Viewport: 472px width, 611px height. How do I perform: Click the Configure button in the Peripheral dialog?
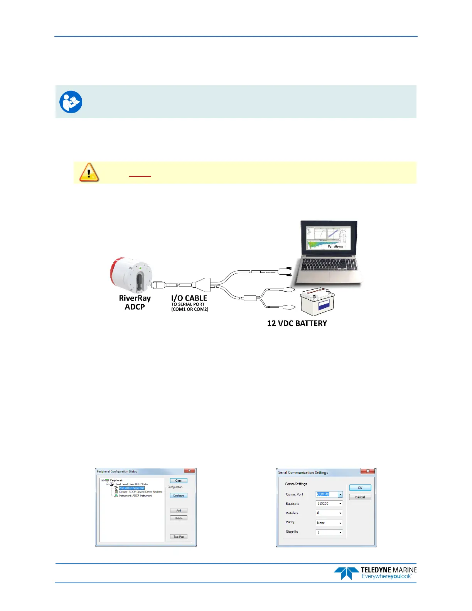[x=179, y=496]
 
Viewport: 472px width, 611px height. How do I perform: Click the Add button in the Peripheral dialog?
[x=179, y=510]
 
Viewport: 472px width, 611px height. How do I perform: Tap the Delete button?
[x=179, y=518]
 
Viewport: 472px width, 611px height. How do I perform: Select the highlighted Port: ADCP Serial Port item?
[x=132, y=488]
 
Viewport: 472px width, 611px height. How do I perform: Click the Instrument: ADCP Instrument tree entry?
[x=135, y=496]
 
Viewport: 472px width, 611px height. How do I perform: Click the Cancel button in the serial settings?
[x=360, y=497]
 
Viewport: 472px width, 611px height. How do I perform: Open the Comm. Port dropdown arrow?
[x=340, y=494]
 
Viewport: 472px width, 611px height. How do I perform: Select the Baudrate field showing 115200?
[x=329, y=503]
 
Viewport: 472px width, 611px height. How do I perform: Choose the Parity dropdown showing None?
[x=329, y=523]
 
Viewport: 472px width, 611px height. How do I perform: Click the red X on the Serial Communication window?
[x=368, y=471]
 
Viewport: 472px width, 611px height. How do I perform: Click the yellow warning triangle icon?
[x=89, y=172]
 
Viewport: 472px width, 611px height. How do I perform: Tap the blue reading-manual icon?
[x=71, y=102]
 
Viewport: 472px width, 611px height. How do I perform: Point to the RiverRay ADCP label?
[x=135, y=302]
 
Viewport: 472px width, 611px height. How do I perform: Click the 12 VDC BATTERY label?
[x=297, y=323]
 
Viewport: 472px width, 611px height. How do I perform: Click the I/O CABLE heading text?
[x=189, y=298]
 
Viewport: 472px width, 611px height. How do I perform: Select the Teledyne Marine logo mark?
[x=346, y=573]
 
